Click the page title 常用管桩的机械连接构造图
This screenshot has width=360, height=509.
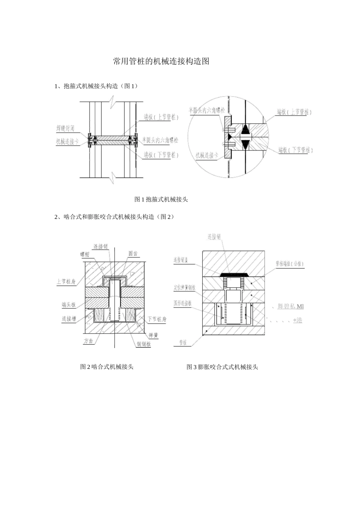click(161, 61)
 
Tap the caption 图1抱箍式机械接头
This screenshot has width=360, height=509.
click(161, 199)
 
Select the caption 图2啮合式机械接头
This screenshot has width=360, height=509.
click(107, 367)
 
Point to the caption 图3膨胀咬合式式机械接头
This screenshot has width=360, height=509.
click(222, 367)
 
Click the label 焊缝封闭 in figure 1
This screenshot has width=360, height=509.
click(65, 128)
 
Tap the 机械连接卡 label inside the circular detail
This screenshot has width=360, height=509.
click(207, 155)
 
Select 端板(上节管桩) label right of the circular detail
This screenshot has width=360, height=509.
click(294, 112)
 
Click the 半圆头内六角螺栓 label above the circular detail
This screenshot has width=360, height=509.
click(207, 110)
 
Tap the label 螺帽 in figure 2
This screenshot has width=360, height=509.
click(84, 254)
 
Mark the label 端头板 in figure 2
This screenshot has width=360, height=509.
click(69, 305)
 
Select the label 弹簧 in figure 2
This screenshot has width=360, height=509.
click(153, 335)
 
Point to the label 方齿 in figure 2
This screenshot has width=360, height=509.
click(88, 340)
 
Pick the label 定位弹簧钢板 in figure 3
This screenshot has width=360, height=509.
click(185, 288)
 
